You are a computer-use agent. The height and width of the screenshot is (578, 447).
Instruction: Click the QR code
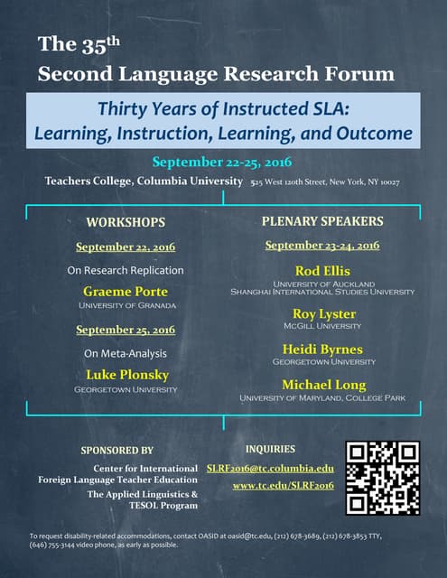383,478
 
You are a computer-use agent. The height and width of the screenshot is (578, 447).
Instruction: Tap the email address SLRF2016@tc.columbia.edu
271,469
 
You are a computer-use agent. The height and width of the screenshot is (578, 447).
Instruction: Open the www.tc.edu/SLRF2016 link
284,486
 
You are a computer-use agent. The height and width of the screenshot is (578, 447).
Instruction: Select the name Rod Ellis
322,271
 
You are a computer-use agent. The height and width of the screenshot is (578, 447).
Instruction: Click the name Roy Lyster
324,314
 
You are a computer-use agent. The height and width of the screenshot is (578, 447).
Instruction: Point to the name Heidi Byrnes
322,350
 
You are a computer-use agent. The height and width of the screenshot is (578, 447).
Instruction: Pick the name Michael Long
324,385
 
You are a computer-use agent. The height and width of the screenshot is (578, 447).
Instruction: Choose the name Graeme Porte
126,292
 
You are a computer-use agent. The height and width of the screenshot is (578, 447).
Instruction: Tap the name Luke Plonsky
127,375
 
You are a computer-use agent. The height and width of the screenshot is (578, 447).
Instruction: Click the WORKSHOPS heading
126,223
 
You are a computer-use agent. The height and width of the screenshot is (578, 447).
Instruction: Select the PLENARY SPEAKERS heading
322,221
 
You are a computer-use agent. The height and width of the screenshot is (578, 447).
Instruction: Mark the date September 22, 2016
126,247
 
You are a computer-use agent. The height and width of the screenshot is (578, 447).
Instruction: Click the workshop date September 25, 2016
126,330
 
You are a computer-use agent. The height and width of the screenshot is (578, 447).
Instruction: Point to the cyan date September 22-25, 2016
222,163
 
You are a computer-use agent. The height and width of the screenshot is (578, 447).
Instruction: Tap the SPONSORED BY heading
116,451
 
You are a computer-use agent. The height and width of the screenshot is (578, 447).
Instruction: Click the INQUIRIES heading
271,449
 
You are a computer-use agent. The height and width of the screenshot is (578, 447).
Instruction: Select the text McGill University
322,326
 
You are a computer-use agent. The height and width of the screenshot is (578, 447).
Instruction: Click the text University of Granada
127,305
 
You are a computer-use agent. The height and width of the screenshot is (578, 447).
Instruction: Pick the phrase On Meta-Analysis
126,353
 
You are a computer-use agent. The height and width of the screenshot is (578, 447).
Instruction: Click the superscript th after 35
113,41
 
